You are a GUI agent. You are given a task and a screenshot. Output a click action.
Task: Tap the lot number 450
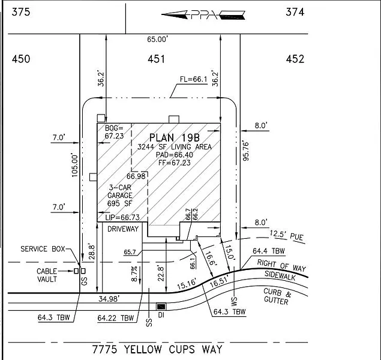pos(21,59)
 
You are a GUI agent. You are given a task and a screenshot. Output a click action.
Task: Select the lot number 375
pos(19,11)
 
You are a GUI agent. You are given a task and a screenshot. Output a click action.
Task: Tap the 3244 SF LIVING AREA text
pos(173,147)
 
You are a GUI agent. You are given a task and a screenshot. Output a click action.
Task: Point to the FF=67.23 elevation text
pos(173,163)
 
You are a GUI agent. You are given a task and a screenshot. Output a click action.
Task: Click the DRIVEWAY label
pos(123,229)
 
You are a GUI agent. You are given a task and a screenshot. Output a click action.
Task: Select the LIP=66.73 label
pos(122,217)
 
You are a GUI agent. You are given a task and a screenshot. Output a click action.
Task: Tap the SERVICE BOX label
pos(42,249)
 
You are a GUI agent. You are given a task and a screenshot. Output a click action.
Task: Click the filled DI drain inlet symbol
pos(161,306)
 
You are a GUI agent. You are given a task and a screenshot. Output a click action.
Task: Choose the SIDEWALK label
pos(286,278)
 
